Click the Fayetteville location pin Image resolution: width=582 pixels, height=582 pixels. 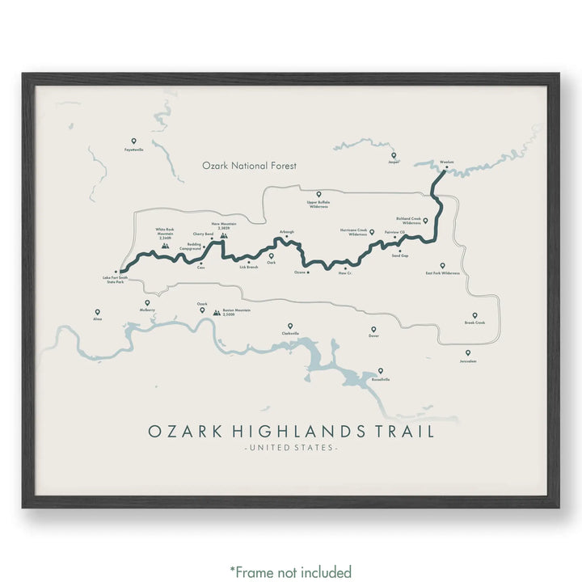133,141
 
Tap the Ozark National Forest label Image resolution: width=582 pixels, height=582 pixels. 250,166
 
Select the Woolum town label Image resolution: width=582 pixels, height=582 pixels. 446,162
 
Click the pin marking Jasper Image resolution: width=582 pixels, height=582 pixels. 394,155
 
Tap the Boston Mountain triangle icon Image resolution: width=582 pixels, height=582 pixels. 216,311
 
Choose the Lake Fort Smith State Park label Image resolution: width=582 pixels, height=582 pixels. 114,280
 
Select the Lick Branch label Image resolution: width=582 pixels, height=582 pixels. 249,267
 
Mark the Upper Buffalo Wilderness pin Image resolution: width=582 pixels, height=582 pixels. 318,195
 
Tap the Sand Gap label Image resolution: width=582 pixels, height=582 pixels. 399,255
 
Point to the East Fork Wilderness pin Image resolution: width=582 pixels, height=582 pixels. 442,265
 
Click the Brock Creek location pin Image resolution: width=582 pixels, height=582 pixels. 474,315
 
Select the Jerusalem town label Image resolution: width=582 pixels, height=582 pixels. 466,361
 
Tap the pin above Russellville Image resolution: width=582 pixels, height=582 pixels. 380,371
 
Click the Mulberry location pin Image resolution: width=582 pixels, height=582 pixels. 148,303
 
